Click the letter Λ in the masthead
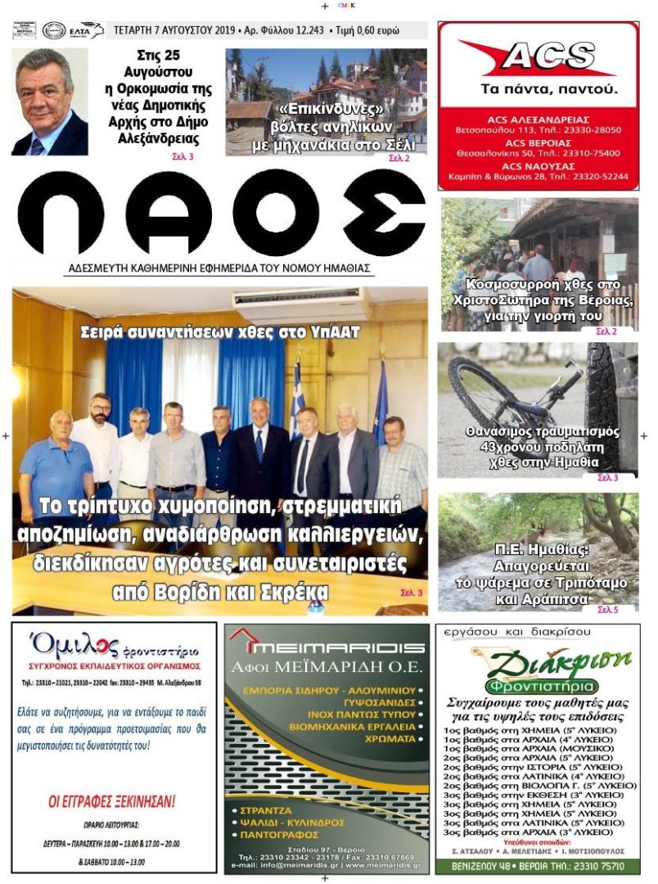pyautogui.click(x=167, y=214)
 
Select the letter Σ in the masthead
pyautogui.click(x=383, y=214)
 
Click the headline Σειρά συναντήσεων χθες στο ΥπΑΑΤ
pyautogui.click(x=219, y=333)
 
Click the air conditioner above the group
pyautogui.click(x=301, y=304)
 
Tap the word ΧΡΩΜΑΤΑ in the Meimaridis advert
pyautogui.click(x=385, y=737)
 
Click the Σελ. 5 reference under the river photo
pyautogui.click(x=607, y=610)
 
